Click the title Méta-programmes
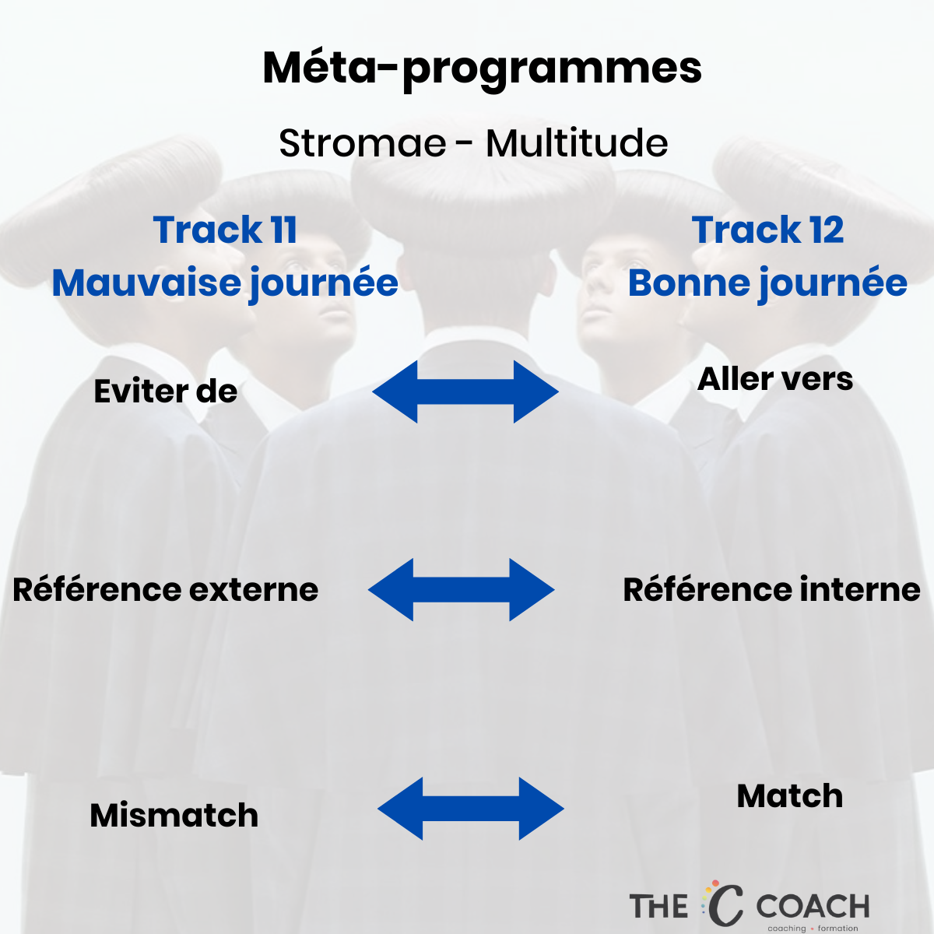[482, 70]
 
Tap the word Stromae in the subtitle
[363, 143]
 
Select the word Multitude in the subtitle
[577, 143]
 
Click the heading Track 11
[225, 230]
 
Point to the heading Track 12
[767, 230]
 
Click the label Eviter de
[166, 392]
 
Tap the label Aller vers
[775, 379]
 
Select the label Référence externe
[166, 589]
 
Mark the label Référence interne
[771, 589]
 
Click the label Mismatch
[174, 815]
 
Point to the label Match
[790, 796]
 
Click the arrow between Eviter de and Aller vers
[465, 392]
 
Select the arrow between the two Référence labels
[462, 589]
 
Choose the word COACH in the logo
[813, 906]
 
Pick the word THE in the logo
[658, 906]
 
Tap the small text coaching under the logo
[787, 929]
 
